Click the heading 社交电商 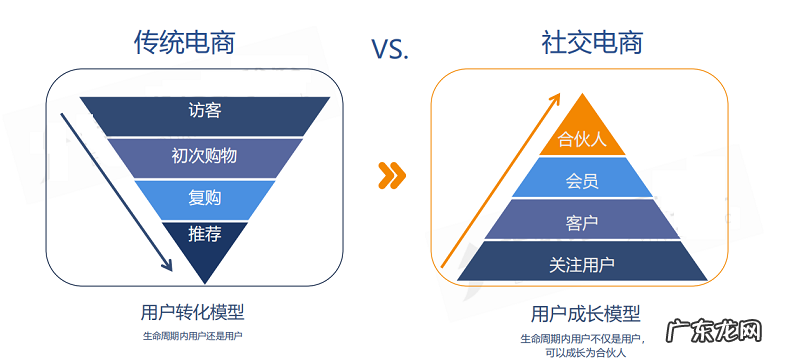592,41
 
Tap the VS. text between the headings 390,49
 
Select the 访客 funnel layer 205,111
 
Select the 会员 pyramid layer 582,180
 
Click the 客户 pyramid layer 582,221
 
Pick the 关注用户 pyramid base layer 582,264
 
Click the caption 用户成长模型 585,314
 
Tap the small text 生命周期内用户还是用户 191,335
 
